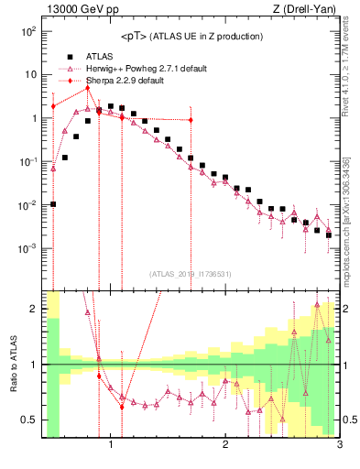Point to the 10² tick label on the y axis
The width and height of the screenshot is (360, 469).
click(x=27, y=31)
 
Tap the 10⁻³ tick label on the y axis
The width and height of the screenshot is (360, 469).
click(x=27, y=249)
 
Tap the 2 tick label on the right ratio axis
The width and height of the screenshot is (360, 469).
click(x=348, y=309)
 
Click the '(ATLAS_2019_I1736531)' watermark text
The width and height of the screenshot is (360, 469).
click(x=191, y=274)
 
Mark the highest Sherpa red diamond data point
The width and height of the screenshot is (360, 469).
click(x=88, y=88)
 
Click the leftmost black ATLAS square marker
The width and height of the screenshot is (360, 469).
click(x=53, y=204)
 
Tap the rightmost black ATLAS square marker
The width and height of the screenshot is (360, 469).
click(x=328, y=234)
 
